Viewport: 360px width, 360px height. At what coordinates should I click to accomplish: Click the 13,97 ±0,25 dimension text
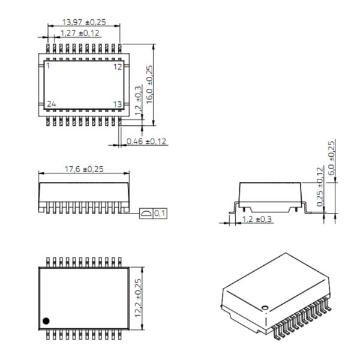tap(84, 22)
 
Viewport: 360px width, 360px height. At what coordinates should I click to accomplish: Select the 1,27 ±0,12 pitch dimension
tap(80, 33)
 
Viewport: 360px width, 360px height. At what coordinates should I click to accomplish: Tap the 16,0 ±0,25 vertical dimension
tap(149, 85)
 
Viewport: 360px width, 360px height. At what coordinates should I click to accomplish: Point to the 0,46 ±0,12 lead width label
tap(146, 141)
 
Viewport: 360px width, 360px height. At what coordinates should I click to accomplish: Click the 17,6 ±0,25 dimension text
tap(84, 169)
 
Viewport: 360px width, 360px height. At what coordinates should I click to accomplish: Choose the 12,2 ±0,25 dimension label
tap(138, 298)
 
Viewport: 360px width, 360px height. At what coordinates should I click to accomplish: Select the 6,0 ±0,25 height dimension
tap(331, 158)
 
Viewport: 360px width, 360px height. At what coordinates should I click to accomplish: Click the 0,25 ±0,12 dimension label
tap(320, 187)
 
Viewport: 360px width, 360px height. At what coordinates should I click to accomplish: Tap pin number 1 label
tap(48, 66)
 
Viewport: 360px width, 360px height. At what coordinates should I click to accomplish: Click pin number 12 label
tap(118, 67)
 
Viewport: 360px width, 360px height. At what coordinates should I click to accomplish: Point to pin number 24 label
tap(52, 104)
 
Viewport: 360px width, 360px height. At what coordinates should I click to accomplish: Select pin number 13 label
tap(118, 104)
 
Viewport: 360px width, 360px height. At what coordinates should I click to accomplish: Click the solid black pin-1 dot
tap(46, 321)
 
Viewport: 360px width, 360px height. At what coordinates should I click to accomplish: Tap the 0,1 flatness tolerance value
tap(160, 214)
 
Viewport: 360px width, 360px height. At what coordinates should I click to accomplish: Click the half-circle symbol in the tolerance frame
tap(146, 214)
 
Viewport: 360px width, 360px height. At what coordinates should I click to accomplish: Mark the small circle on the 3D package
tap(265, 307)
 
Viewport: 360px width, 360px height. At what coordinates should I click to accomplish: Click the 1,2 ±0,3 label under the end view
tap(257, 219)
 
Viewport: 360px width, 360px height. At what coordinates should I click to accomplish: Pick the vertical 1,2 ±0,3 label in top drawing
tap(138, 101)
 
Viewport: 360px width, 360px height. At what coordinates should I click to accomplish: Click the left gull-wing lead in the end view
tap(234, 208)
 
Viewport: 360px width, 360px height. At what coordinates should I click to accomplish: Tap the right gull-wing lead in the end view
tap(306, 208)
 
